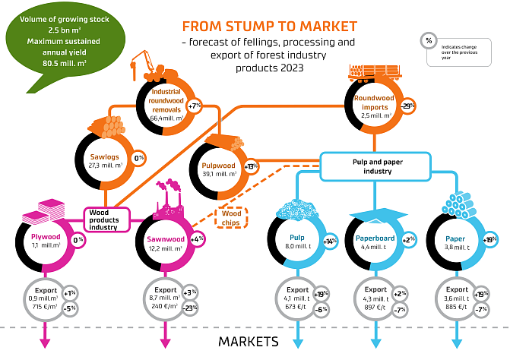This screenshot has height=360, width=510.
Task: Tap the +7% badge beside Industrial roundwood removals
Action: pos(195,106)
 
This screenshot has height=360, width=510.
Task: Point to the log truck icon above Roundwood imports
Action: pos(369,72)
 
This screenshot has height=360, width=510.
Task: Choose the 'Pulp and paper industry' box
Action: pos(372,166)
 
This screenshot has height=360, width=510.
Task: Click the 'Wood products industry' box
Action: pos(103,219)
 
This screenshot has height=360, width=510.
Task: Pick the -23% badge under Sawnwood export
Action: pos(190,308)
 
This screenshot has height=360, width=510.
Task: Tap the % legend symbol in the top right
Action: pos(428,40)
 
